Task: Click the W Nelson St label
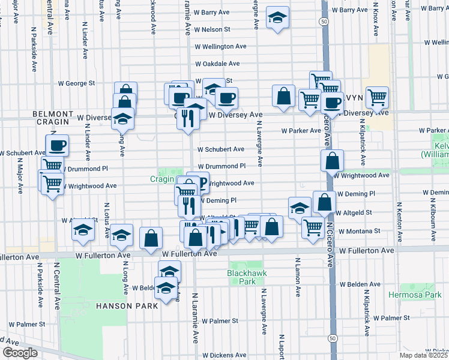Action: click(210, 29)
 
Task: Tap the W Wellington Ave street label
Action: click(220, 46)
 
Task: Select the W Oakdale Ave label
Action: click(217, 64)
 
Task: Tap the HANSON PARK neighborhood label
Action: click(126, 306)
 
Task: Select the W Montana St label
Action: click(360, 231)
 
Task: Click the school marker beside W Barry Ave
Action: click(277, 17)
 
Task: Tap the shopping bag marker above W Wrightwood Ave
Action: click(332, 160)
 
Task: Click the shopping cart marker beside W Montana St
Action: click(313, 227)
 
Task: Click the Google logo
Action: click(19, 353)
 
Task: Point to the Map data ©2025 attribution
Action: click(424, 355)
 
